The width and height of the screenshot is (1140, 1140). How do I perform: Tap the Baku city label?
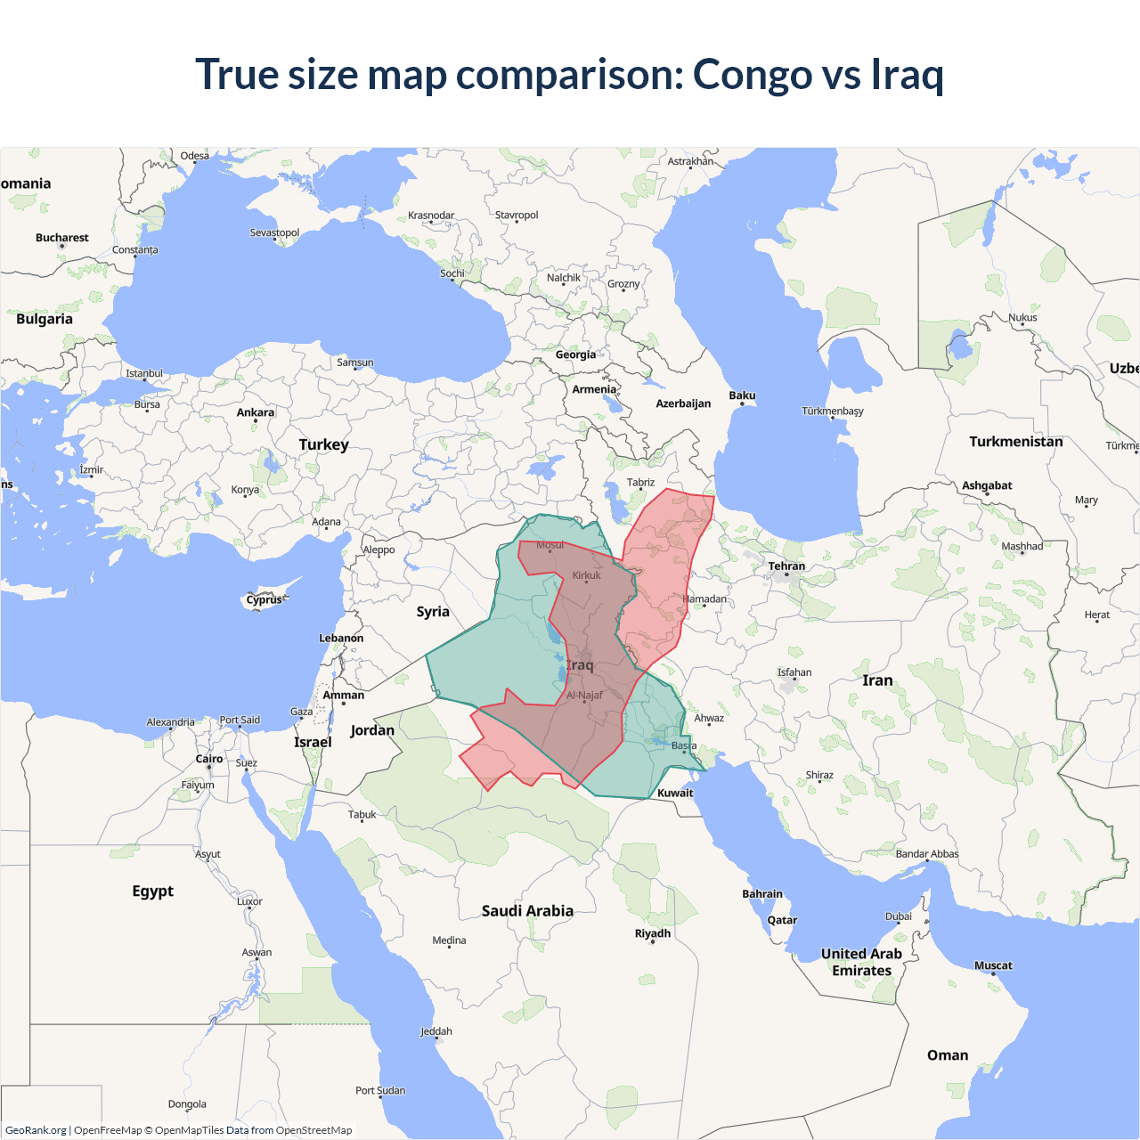click(742, 395)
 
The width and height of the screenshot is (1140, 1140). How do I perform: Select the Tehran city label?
click(786, 566)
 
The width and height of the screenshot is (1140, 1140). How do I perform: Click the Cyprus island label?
click(264, 599)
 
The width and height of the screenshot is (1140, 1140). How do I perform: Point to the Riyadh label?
click(652, 933)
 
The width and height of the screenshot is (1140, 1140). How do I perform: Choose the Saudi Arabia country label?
click(527, 910)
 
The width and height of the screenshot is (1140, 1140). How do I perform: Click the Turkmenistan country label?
click(1015, 442)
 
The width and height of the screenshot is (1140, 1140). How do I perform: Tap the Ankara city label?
click(256, 412)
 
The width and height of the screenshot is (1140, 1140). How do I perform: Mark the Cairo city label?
click(209, 759)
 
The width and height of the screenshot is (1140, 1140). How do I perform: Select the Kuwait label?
click(675, 793)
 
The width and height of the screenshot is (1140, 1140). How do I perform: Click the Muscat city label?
click(993, 965)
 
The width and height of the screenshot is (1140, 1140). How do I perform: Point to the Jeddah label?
click(436, 1031)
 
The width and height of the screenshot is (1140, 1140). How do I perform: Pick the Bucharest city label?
click(62, 238)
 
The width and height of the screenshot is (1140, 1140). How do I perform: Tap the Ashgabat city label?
click(987, 485)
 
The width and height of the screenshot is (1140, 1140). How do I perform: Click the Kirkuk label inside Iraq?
click(586, 575)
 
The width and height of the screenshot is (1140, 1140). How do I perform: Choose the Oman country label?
click(948, 1054)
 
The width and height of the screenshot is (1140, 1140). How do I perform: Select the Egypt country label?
click(153, 891)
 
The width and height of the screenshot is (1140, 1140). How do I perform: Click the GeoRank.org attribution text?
click(36, 1130)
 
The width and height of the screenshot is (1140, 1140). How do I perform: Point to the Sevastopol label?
click(274, 232)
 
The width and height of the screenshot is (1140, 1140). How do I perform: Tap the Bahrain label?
click(762, 894)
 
